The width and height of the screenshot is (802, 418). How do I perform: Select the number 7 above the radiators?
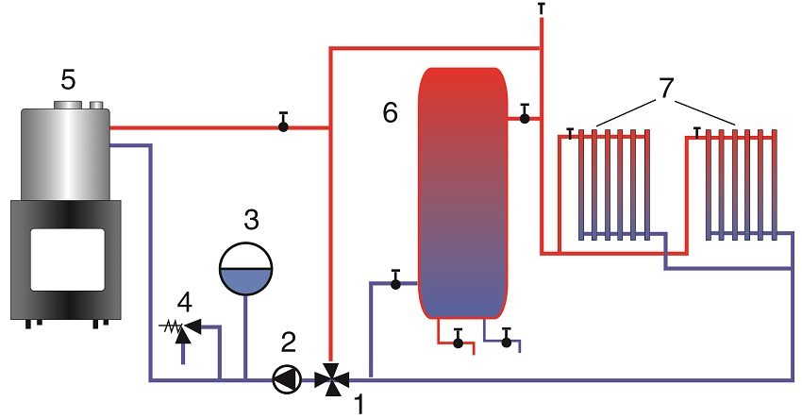[x=666, y=90]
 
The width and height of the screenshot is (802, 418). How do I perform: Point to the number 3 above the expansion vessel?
[x=250, y=221]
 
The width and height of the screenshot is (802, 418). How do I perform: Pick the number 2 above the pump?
[x=290, y=343]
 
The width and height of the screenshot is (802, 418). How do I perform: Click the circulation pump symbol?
[x=284, y=379]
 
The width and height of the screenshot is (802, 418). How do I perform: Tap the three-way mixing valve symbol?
[x=329, y=379]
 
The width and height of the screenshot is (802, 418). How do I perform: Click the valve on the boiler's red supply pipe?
[x=283, y=125]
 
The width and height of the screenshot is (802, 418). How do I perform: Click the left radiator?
[x=611, y=185]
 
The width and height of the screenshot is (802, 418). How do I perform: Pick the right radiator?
[x=739, y=185]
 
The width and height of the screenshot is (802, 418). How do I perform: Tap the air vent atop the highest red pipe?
[x=542, y=8]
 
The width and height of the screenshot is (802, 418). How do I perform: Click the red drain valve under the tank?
[x=458, y=341]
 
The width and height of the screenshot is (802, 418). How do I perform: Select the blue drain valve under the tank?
[x=507, y=341]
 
